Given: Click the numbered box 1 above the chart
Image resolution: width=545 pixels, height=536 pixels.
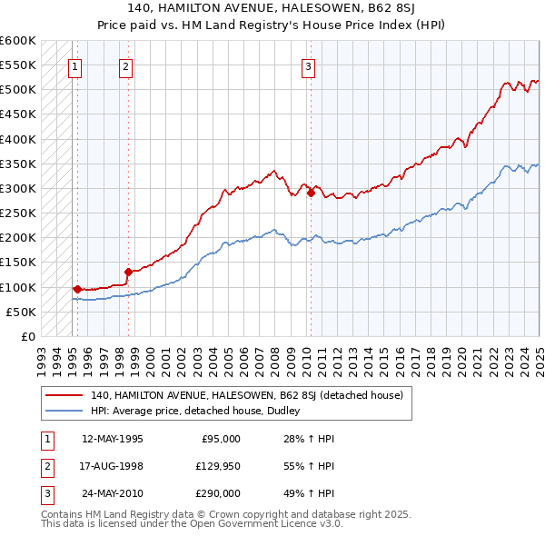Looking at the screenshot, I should [74, 65].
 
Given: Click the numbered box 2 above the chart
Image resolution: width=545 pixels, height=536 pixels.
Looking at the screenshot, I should [125, 65].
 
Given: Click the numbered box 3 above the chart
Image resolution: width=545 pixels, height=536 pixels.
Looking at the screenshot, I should [309, 65].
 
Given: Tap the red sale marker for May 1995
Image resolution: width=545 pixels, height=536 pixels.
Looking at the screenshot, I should [77, 289].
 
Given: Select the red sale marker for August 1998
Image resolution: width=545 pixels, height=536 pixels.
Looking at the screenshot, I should [128, 272].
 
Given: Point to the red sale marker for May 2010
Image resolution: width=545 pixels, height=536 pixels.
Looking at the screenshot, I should [311, 193].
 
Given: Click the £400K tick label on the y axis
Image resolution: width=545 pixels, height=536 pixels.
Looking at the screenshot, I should [18, 139].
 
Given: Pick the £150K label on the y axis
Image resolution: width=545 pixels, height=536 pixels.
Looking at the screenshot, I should [18, 263].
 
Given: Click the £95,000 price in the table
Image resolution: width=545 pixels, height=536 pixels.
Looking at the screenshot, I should [221, 439].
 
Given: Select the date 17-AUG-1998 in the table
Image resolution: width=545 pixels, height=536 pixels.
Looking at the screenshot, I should [113, 466].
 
